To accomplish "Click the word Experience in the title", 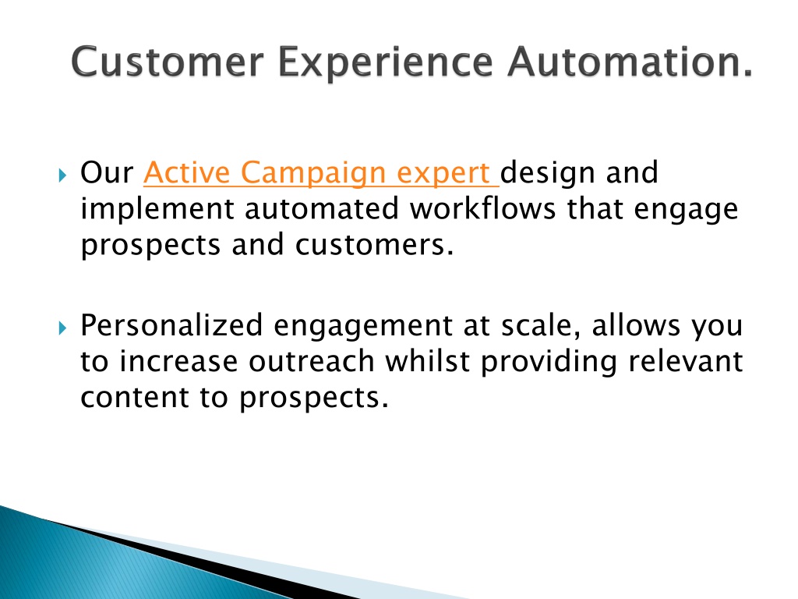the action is (385, 63).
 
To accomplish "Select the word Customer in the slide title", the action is (168, 62).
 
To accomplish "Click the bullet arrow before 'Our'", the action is (62, 175).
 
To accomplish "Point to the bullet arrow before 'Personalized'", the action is (62, 328).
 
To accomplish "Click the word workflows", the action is (482, 209).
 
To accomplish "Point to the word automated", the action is (322, 210).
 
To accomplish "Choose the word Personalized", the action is (171, 325).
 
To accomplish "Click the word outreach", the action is (312, 362).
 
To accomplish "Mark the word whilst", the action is (427, 362).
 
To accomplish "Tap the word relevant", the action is (686, 362).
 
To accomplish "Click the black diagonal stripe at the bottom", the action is (203, 559).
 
